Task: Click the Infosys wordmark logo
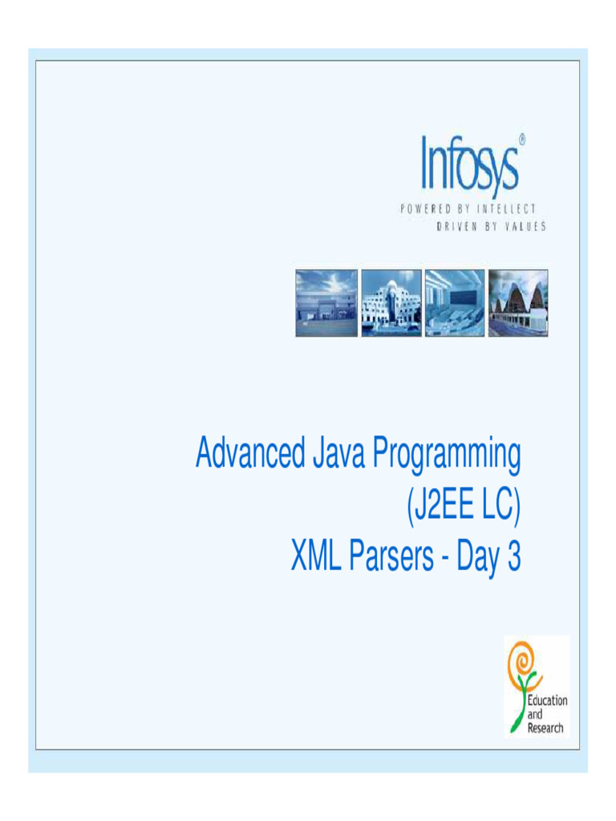[x=469, y=166]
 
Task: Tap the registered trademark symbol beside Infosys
[x=522, y=140]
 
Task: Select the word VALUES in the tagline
[x=522, y=227]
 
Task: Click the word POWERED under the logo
[x=429, y=209]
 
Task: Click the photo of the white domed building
[x=391, y=302]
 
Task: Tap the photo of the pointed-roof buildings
[x=518, y=302]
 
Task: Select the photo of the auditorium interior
[x=455, y=302]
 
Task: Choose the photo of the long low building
[x=326, y=302]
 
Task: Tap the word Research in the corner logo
[x=545, y=728]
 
